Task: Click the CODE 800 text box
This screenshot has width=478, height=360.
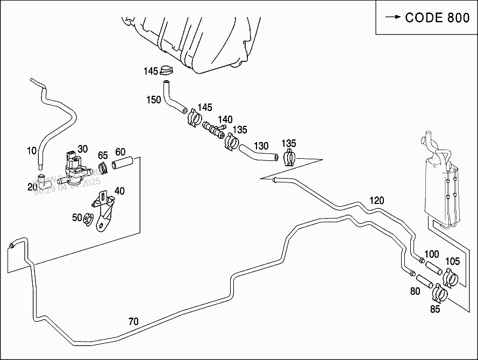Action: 426,17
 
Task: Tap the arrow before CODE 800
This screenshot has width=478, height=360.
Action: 393,17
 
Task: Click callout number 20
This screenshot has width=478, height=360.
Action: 32,186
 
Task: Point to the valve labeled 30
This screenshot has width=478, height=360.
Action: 75,166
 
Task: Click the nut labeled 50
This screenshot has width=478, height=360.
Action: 88,220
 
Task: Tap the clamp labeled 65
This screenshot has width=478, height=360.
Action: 104,168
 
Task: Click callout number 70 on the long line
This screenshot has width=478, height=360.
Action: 133,322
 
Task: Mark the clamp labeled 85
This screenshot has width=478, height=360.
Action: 440,293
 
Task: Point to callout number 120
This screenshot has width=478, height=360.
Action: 376,201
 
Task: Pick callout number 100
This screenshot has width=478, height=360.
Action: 432,254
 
